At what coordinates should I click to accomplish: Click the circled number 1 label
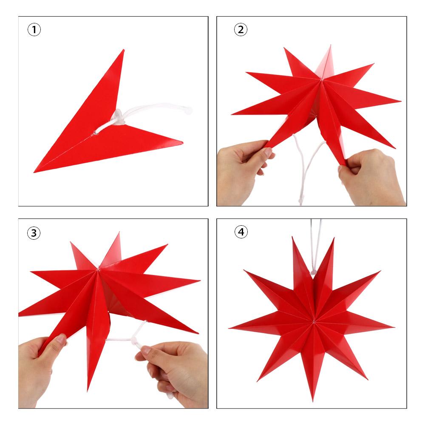pos(34,30)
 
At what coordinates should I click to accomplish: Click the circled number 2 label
pos(241,30)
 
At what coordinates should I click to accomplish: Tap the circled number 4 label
pos(241,232)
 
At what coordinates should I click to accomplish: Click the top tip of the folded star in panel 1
pos(123,51)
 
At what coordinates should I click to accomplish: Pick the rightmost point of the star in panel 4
pos(394,327)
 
